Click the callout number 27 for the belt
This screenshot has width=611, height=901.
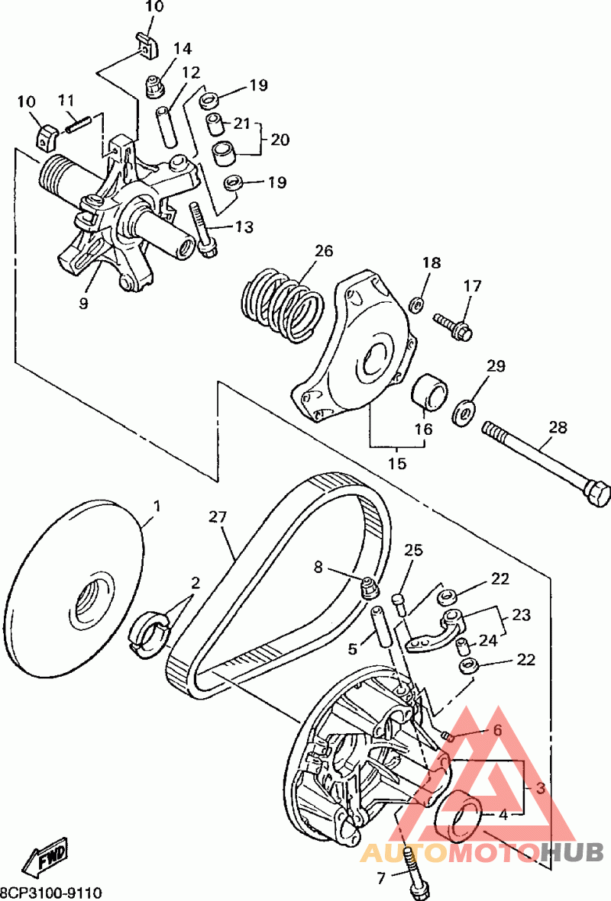pyautogui.click(x=218, y=517)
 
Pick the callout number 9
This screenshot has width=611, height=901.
pyautogui.click(x=84, y=303)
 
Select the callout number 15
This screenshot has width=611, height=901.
pyautogui.click(x=397, y=462)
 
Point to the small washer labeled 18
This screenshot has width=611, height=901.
pyautogui.click(x=416, y=304)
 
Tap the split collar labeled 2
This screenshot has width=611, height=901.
pyautogui.click(x=149, y=632)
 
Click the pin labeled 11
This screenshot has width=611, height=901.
pyautogui.click(x=78, y=124)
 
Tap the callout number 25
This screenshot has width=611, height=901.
pyautogui.click(x=413, y=550)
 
